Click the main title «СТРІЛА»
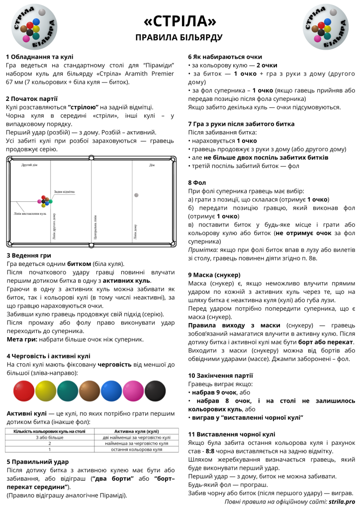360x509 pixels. (x=180, y=21)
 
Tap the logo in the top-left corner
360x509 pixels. (x=34, y=27)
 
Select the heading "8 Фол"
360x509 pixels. (x=197, y=182)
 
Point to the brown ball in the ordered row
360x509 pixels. (x=90, y=391)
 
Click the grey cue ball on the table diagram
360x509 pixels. (x=137, y=194)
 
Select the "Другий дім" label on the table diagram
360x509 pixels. (x=29, y=164)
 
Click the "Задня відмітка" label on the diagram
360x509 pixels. (x=65, y=192)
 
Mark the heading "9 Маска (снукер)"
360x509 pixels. (x=214, y=275)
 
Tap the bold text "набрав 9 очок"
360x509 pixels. (x=214, y=392)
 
